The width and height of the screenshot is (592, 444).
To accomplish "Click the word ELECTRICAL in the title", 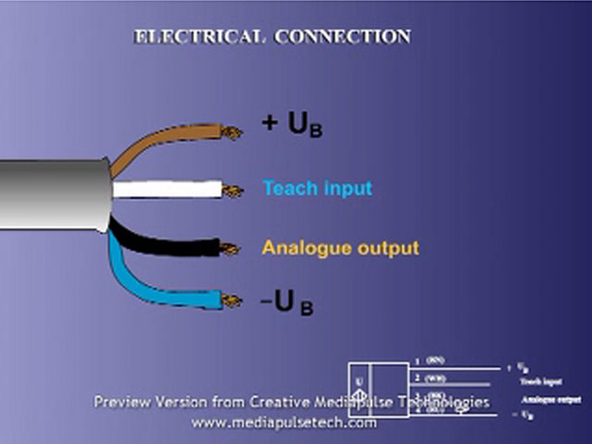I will [x=189, y=38].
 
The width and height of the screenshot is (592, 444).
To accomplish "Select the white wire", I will [x=166, y=190].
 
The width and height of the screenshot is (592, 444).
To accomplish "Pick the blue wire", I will [x=166, y=294].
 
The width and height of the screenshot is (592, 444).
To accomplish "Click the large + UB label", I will [x=292, y=125].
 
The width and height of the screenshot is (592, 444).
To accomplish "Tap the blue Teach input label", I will [x=317, y=189].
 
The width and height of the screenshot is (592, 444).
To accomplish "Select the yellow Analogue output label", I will [x=339, y=248].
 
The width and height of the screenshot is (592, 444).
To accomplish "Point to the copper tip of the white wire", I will [x=232, y=191].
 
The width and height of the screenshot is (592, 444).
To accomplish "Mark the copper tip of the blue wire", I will [x=230, y=301].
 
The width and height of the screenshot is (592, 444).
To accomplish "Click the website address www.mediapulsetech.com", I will [x=284, y=423].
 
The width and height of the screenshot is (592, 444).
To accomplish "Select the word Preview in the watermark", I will [x=121, y=403].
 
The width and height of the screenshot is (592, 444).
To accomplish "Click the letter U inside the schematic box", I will [x=358, y=380].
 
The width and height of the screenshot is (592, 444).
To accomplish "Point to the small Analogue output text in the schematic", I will [x=550, y=399].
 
